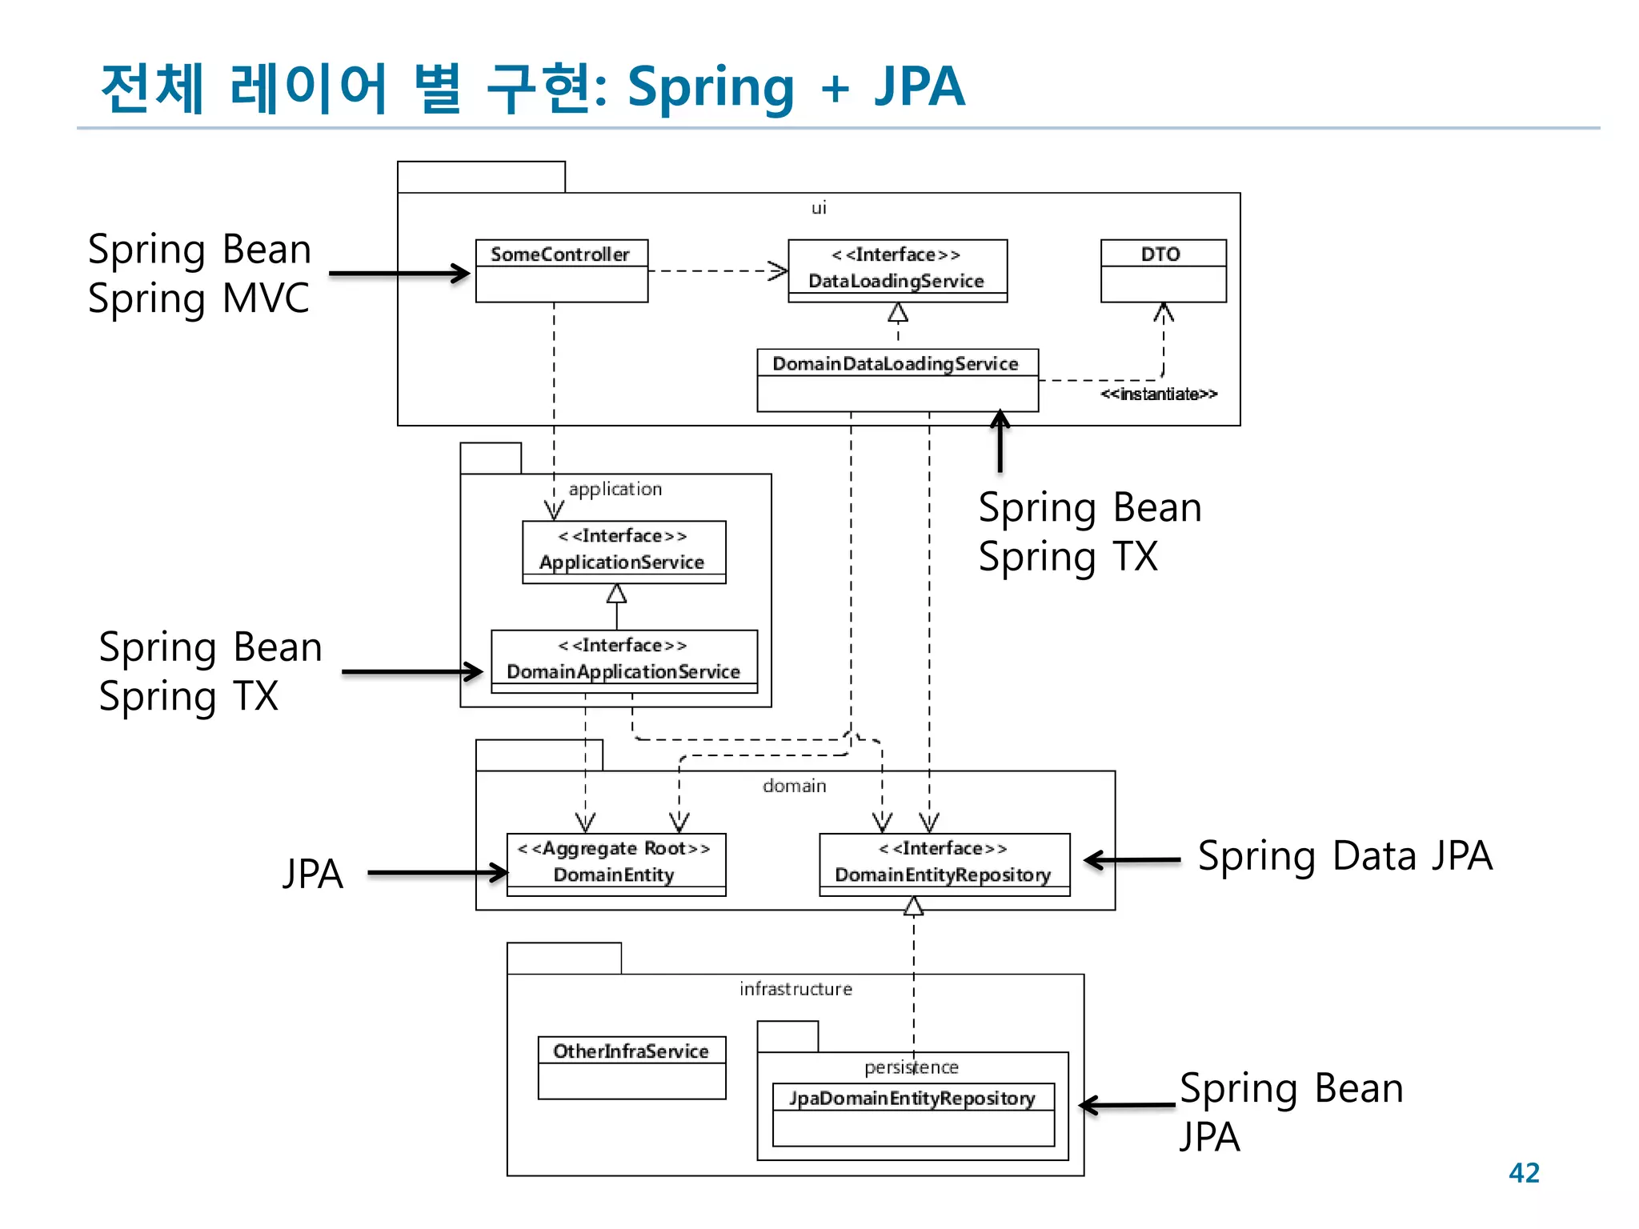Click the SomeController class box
click(x=561, y=270)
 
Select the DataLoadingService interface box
click(x=897, y=270)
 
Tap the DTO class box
click(x=1163, y=270)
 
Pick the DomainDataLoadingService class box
click(x=897, y=379)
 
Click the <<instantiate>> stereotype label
click(x=1158, y=394)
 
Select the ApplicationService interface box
click(x=623, y=551)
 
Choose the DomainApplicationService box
click(x=623, y=660)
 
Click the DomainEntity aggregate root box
click(x=615, y=863)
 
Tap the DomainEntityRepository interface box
click(x=944, y=863)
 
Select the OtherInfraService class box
click(x=631, y=1067)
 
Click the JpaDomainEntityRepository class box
click(x=913, y=1114)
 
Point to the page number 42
click(x=1523, y=1172)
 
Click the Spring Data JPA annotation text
click(x=1344, y=856)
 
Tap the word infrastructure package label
click(x=795, y=989)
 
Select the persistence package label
click(x=911, y=1067)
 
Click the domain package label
click(x=794, y=786)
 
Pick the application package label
click(x=615, y=489)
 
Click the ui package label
click(x=818, y=208)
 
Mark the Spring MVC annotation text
click(x=198, y=299)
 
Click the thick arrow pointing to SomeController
click(x=399, y=273)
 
